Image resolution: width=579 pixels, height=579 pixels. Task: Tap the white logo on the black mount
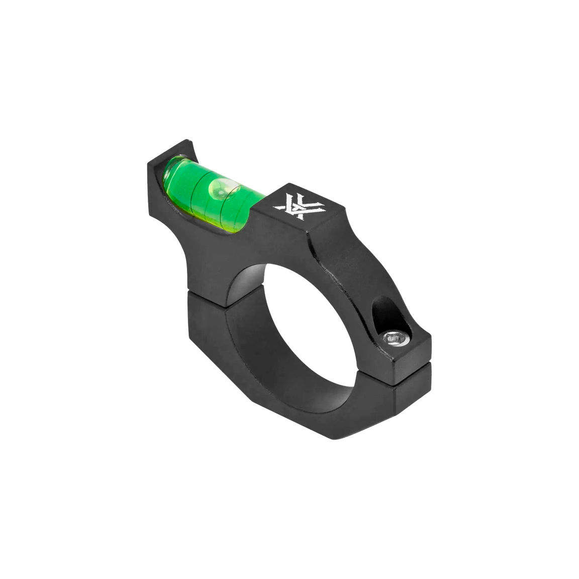coord(293,206)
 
